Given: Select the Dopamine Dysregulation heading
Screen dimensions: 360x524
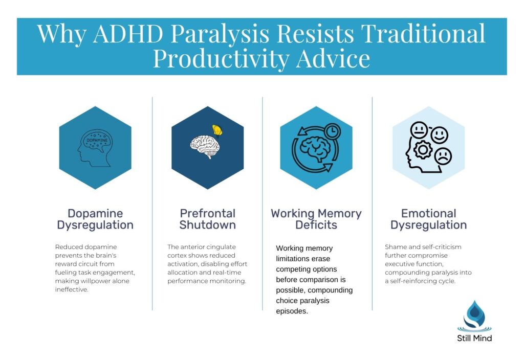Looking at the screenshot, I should click(x=95, y=219).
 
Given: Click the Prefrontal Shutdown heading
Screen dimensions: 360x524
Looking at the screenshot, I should click(x=207, y=219).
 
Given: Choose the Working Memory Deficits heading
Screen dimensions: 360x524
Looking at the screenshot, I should click(x=316, y=219).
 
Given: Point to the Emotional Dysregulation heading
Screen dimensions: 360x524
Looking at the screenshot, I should click(x=428, y=219).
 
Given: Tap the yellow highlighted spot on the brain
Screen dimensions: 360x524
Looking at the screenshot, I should click(x=218, y=131).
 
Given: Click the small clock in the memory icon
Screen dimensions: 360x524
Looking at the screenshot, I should click(x=333, y=131).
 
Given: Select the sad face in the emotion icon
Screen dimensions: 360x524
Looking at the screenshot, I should click(x=442, y=155).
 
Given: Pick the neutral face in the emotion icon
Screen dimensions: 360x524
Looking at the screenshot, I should click(x=419, y=130).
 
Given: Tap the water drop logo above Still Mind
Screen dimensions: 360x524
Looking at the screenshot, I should click(x=474, y=315).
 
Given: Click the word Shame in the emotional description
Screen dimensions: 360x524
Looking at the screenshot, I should click(x=395, y=247).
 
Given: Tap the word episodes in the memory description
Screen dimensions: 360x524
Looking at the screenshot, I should click(x=292, y=310).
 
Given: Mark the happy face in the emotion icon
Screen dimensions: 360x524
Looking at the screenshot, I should click(x=439, y=135).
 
